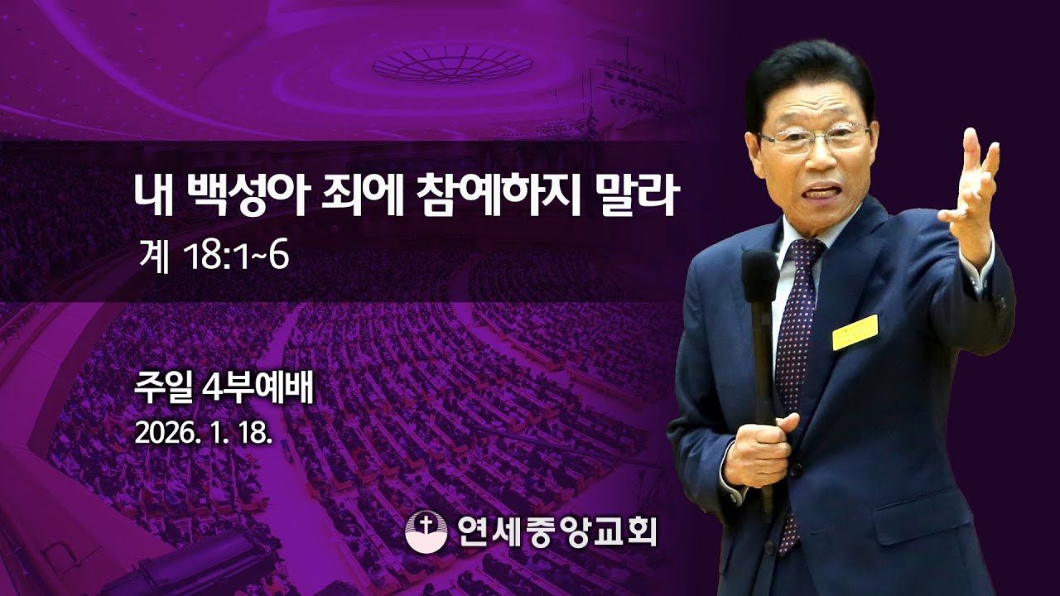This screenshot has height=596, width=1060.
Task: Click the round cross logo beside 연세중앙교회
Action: tap(426, 531)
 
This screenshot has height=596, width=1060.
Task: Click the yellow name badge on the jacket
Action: tap(855, 332)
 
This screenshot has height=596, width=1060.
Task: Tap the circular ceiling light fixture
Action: tap(451, 62)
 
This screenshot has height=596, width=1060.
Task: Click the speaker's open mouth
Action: tap(819, 191)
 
